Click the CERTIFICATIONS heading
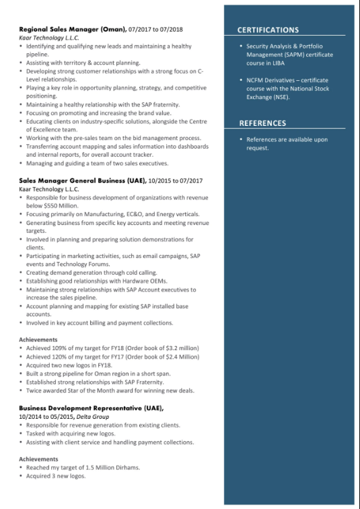(x=268, y=30)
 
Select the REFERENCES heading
(x=262, y=123)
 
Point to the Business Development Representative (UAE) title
(x=92, y=408)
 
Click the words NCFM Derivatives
(x=269, y=80)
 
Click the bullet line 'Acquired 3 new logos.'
(x=56, y=476)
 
